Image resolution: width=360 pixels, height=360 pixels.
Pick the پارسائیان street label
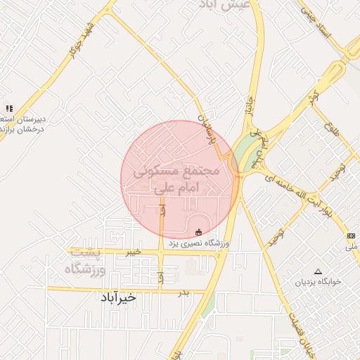tap(207, 126)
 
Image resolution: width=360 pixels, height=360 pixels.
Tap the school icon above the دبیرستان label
tap(9, 108)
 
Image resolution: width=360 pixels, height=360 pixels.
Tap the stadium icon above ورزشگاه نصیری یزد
tap(198, 231)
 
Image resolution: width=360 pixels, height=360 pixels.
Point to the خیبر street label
tap(133, 251)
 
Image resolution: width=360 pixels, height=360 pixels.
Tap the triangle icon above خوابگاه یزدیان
tap(318, 271)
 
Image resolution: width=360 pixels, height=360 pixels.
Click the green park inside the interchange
tap(244, 151)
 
